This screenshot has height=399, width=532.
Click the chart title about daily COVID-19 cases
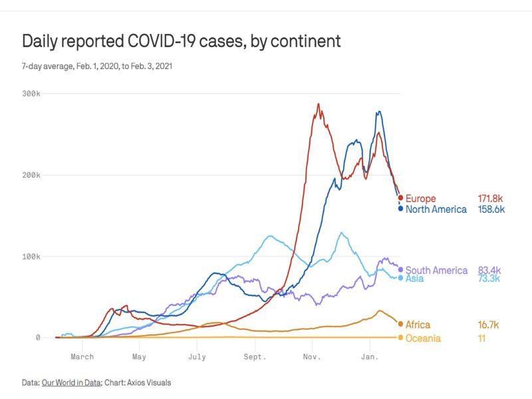(x=181, y=41)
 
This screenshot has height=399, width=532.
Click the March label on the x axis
(x=82, y=357)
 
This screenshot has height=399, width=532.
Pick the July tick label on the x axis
(x=197, y=357)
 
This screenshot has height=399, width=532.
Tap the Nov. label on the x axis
(x=312, y=357)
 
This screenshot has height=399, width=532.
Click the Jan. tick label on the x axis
(x=370, y=357)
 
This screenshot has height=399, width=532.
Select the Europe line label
(x=420, y=199)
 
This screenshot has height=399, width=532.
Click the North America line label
(x=436, y=209)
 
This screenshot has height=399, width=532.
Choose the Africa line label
(x=418, y=325)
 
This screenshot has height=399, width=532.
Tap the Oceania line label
(x=423, y=338)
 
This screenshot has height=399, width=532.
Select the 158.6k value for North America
(x=491, y=209)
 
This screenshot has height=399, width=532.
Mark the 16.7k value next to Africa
(x=489, y=325)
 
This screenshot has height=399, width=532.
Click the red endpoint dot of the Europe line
(x=400, y=198)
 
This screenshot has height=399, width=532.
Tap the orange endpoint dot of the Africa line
(x=400, y=324)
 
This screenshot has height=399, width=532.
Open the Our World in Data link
(x=70, y=382)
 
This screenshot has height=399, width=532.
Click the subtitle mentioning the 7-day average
(x=98, y=66)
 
